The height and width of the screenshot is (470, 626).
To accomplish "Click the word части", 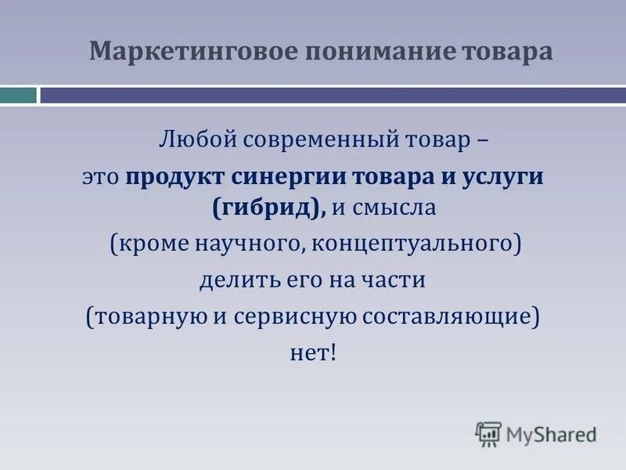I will (396, 280).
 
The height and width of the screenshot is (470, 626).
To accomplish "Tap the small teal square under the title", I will (18, 96).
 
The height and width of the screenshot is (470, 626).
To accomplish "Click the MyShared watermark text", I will (551, 433).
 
